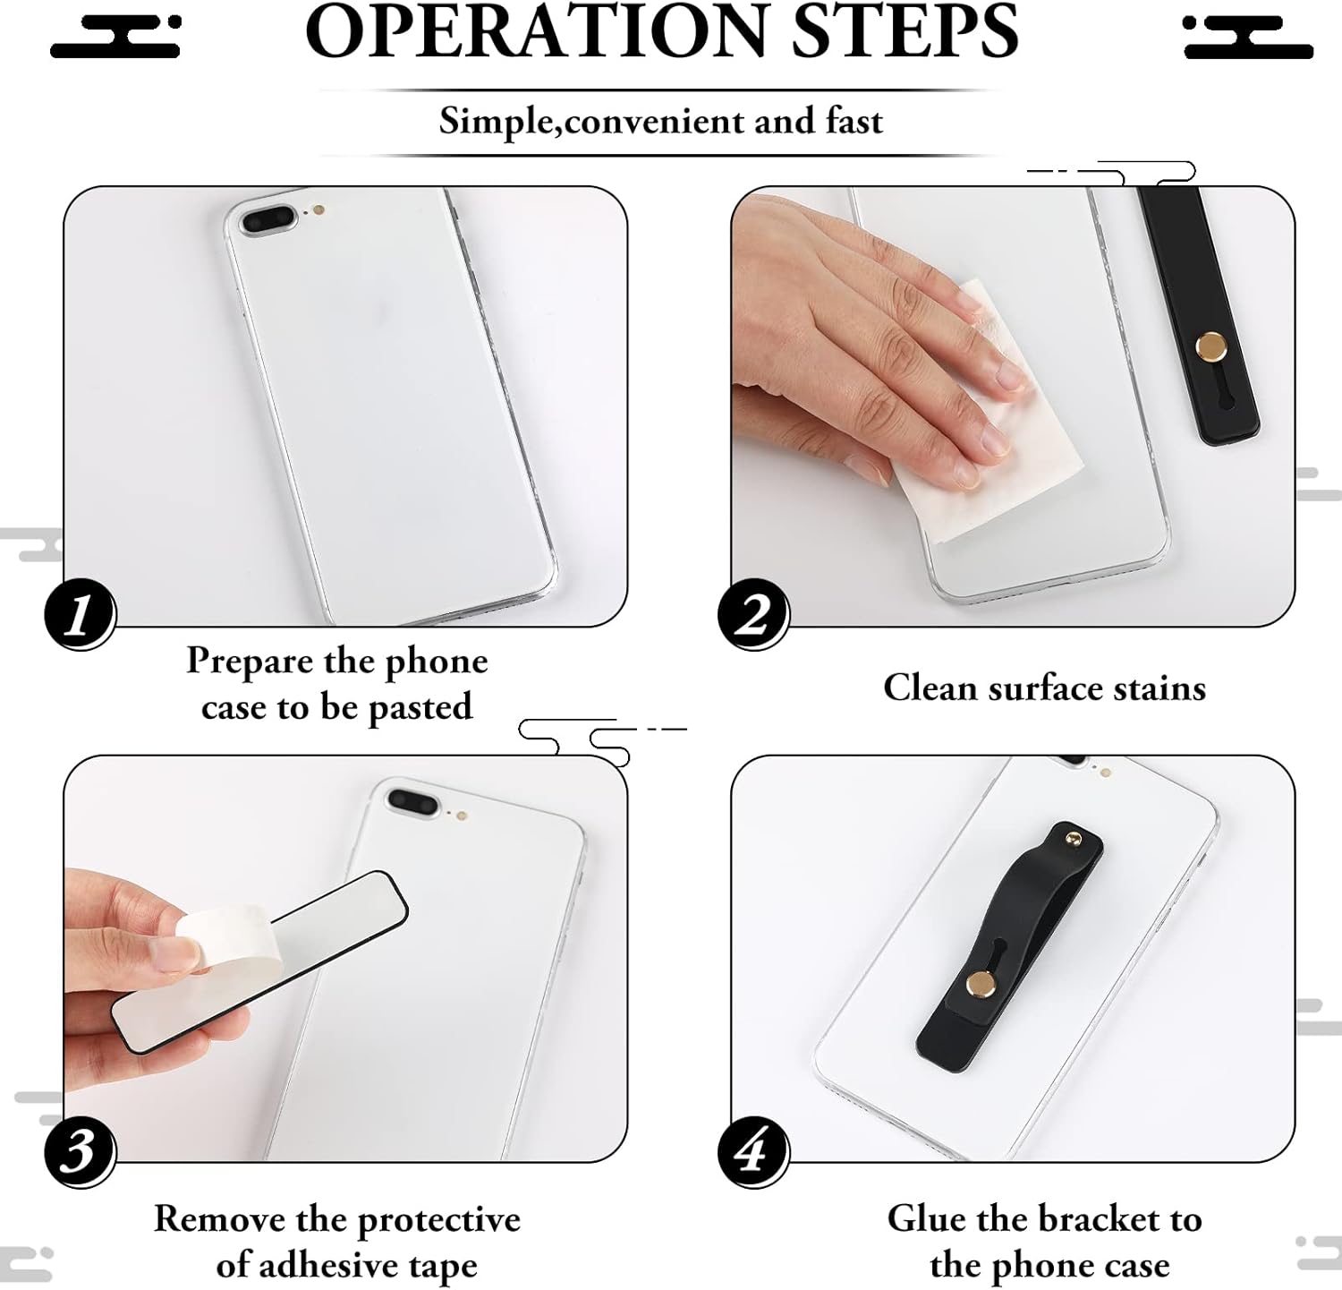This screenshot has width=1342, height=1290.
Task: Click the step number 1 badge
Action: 81,614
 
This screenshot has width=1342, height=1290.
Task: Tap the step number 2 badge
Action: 753,614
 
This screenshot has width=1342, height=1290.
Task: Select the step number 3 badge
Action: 81,1151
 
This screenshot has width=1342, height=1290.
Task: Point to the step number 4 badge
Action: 753,1151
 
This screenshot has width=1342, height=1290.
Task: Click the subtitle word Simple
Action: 497,122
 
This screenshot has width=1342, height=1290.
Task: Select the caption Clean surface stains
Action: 1044,688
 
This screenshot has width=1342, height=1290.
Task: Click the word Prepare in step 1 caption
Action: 250,662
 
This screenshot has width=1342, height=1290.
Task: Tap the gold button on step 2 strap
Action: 1211,346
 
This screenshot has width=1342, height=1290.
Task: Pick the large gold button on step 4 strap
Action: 981,986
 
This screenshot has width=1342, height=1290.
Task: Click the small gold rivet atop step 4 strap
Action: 1073,839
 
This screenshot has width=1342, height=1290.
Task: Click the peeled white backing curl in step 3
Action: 224,935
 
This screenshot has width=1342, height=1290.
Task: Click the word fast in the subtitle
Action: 854,121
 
